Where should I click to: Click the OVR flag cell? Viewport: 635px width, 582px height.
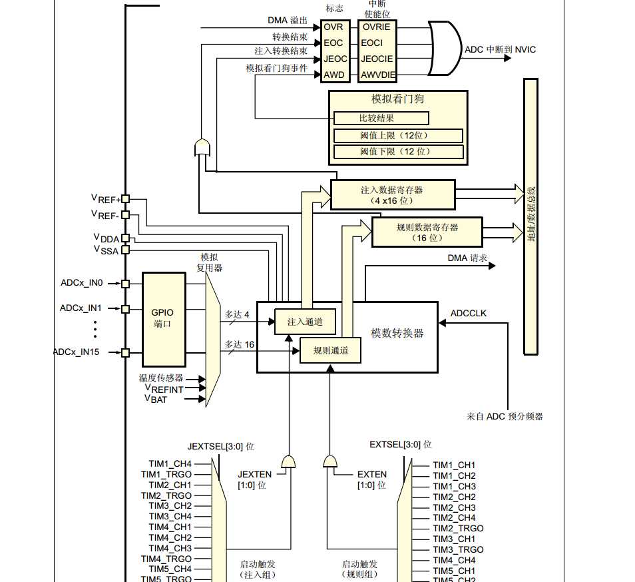pyautogui.click(x=335, y=27)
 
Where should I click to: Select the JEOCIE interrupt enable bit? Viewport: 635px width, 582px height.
pyautogui.click(x=377, y=59)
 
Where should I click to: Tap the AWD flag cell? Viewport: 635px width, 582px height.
pyautogui.click(x=335, y=75)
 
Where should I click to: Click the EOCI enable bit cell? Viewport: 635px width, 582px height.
pyautogui.click(x=377, y=43)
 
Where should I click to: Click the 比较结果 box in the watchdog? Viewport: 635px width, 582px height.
pyautogui.click(x=381, y=119)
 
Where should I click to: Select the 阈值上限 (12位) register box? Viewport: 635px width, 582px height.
pyautogui.click(x=398, y=136)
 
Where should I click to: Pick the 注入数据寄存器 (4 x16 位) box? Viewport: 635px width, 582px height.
pyautogui.click(x=393, y=195)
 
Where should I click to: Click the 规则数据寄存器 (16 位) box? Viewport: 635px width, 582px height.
pyautogui.click(x=427, y=232)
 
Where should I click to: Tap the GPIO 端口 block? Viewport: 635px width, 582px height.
pyautogui.click(x=164, y=319)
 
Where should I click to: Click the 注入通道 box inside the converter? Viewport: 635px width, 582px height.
pyautogui.click(x=305, y=322)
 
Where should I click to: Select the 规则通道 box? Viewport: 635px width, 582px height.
pyautogui.click(x=330, y=350)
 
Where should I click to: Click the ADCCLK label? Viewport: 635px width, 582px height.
pyautogui.click(x=469, y=313)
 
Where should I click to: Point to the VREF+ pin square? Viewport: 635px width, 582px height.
pyautogui.click(x=126, y=199)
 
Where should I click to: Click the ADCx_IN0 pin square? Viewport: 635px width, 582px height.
pyautogui.click(x=126, y=284)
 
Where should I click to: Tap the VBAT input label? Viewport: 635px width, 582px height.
pyautogui.click(x=156, y=399)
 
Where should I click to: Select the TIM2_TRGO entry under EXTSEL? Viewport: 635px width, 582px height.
pyautogui.click(x=458, y=528)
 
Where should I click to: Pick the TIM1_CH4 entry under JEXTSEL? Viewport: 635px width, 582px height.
pyautogui.click(x=170, y=463)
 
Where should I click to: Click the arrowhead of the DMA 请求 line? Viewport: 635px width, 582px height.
pyautogui.click(x=492, y=266)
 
